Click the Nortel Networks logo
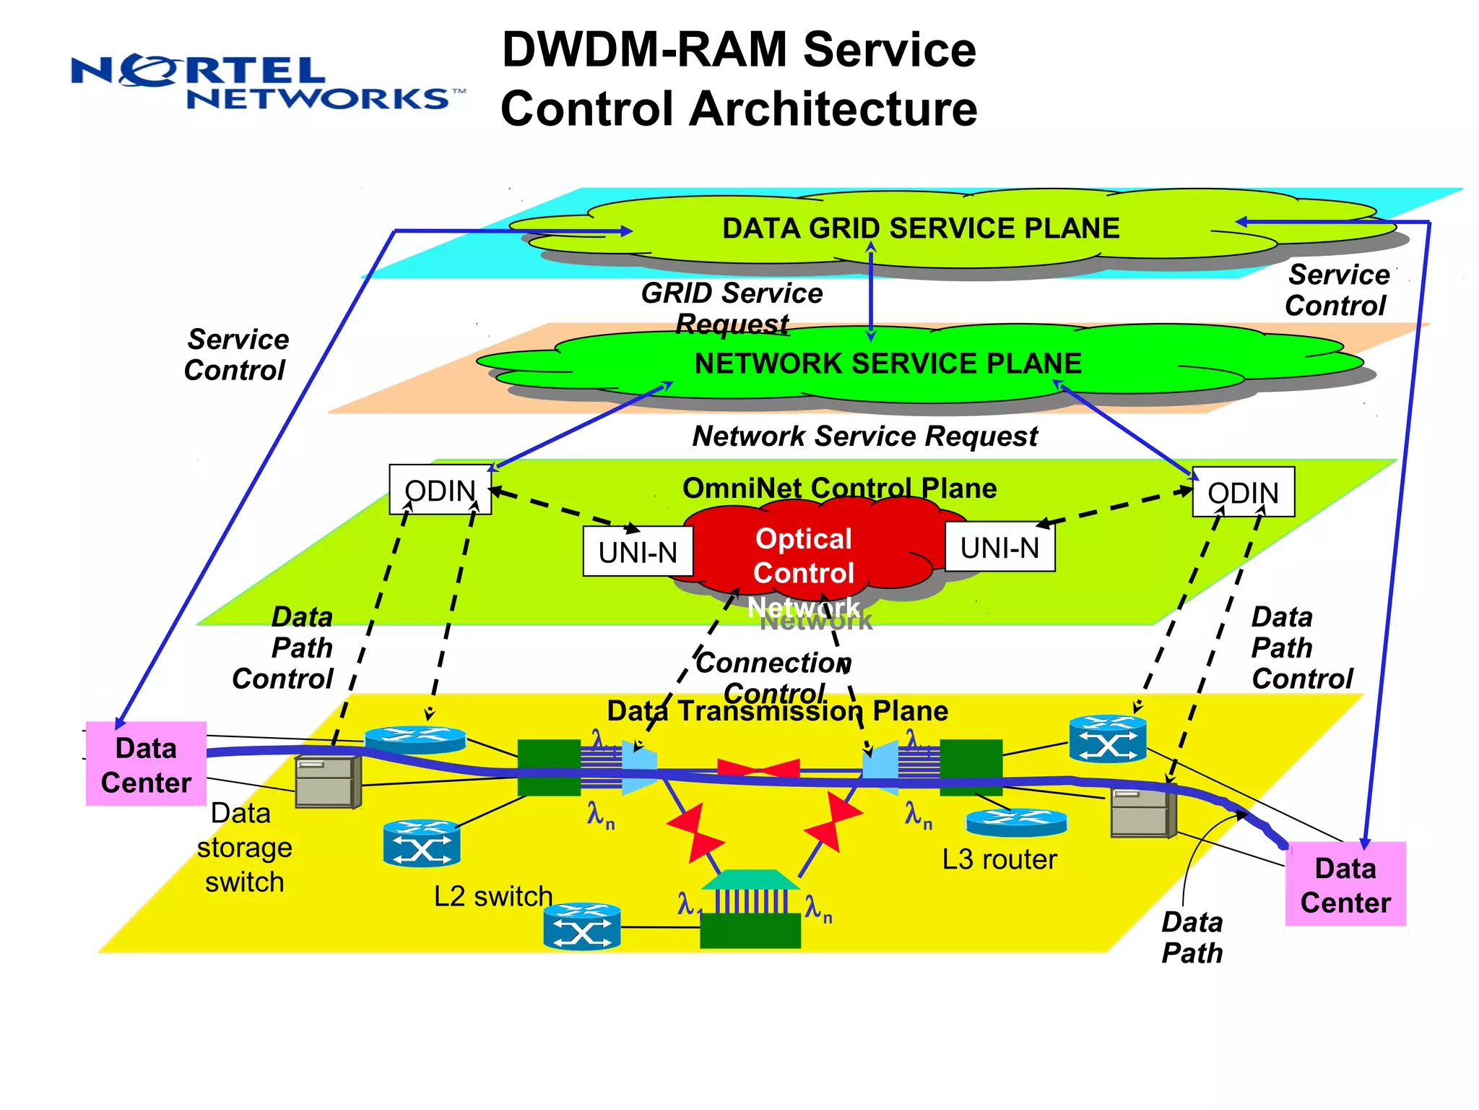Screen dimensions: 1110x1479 pos(267,82)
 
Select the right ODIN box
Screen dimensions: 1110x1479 pos(1243,493)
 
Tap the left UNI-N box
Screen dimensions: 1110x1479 pos(638,552)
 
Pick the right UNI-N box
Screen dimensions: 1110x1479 pos(999,548)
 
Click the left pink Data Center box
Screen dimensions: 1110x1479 pos(146,765)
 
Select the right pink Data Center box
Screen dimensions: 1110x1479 pos(1345,885)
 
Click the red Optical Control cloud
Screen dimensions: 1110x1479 pos(804,556)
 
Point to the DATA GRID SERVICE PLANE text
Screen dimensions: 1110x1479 pos(920,228)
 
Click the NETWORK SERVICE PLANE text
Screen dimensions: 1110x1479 pos(888,363)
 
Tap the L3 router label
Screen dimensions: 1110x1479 pos(999,859)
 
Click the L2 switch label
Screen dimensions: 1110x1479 pos(493,896)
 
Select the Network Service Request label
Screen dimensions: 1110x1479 pos(864,436)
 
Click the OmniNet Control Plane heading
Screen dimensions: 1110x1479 pos(839,489)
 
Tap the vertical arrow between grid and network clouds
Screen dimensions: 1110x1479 pos(871,291)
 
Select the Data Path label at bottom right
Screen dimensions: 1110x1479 pos(1192,937)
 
